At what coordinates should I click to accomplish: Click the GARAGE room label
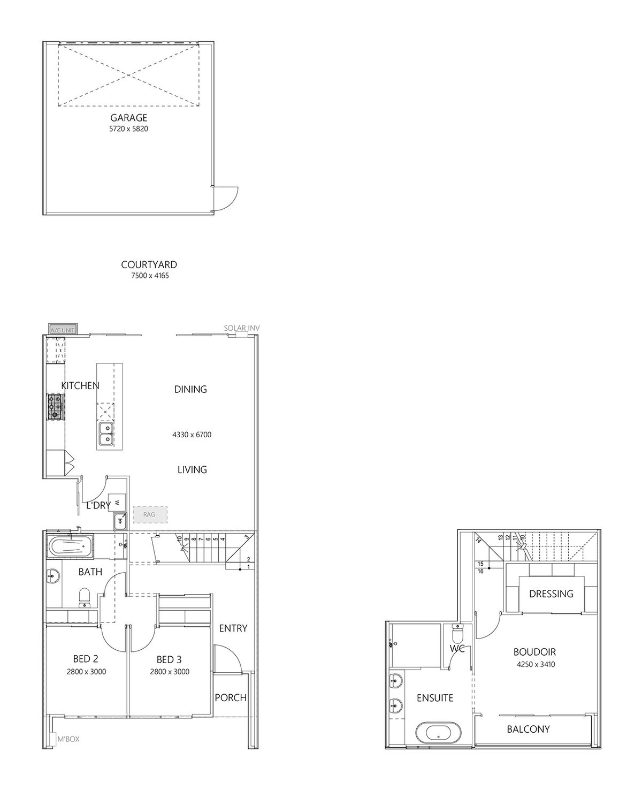[x=128, y=118]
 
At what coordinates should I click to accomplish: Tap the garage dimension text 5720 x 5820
[x=128, y=129]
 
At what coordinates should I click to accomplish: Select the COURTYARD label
[x=149, y=264]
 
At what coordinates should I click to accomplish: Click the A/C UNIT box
[x=63, y=329]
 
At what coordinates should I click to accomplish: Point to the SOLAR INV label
[x=241, y=328]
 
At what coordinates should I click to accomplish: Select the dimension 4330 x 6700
[x=192, y=435]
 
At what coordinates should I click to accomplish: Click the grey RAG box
[x=149, y=514]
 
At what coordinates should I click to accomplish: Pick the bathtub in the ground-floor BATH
[x=70, y=546]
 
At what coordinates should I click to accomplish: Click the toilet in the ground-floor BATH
[x=84, y=597]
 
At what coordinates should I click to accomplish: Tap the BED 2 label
[x=85, y=659]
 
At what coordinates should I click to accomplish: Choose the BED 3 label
[x=169, y=659]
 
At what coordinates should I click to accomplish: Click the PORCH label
[x=231, y=697]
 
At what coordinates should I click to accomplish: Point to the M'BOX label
[x=68, y=739]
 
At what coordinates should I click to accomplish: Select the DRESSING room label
[x=551, y=594]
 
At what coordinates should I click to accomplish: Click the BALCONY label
[x=528, y=729]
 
